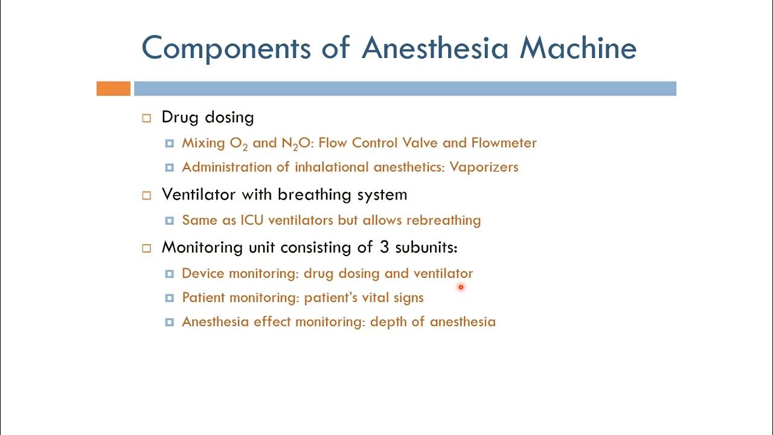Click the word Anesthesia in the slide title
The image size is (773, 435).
point(435,48)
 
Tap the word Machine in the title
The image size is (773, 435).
point(578,48)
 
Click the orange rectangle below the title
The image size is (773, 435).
point(114,89)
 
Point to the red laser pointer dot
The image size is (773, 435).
point(461,288)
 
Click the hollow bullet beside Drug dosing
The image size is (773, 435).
point(146,118)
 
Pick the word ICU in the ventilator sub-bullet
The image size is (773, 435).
point(252,221)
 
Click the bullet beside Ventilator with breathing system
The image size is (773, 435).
point(146,196)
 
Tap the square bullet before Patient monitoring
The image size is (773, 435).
point(170,298)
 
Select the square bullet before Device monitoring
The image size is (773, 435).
point(170,274)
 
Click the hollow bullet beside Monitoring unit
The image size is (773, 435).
point(146,248)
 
